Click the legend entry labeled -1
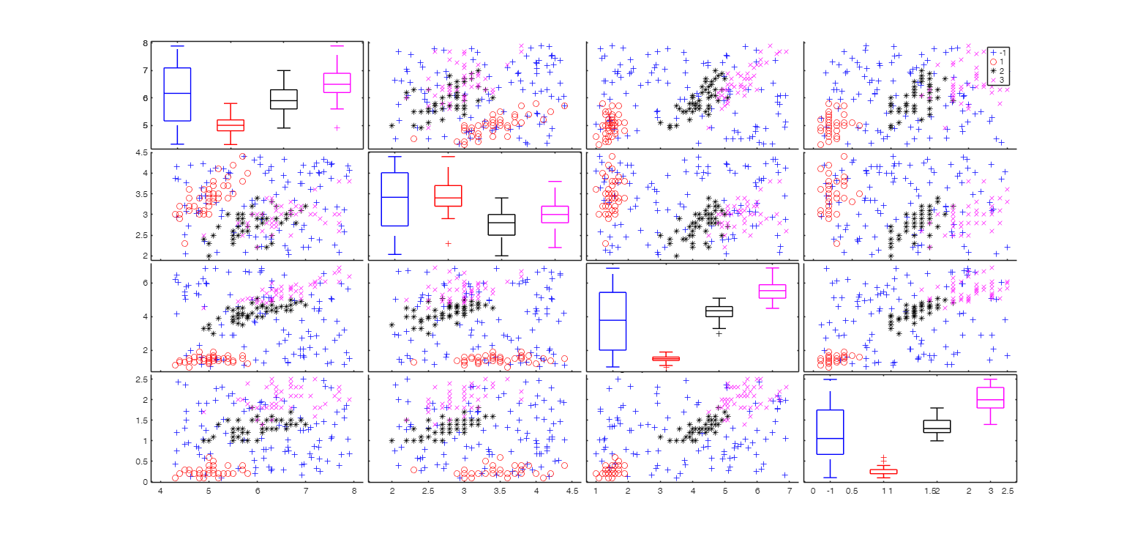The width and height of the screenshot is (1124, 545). point(998,52)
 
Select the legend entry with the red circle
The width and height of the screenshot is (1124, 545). point(998,62)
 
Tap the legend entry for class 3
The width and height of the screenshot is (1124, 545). point(998,80)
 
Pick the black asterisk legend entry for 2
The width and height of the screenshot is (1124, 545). point(998,70)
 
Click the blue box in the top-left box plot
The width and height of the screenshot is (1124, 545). point(177,94)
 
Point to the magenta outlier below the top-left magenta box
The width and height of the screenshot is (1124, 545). point(336,127)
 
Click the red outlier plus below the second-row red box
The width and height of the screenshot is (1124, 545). point(448,243)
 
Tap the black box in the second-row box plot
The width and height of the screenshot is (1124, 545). point(502,224)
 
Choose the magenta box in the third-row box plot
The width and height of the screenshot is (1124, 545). point(772,291)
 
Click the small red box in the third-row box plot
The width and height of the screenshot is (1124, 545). point(666,358)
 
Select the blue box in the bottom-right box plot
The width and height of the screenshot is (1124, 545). point(830,431)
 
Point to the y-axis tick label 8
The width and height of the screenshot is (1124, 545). point(145,43)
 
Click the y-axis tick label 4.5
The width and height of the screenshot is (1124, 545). point(139,152)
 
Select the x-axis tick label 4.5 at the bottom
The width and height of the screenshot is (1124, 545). point(572,491)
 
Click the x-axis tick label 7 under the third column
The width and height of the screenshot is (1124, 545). point(790,491)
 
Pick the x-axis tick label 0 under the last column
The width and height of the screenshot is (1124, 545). point(813,491)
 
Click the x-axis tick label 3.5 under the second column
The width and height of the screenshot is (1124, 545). point(501,491)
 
